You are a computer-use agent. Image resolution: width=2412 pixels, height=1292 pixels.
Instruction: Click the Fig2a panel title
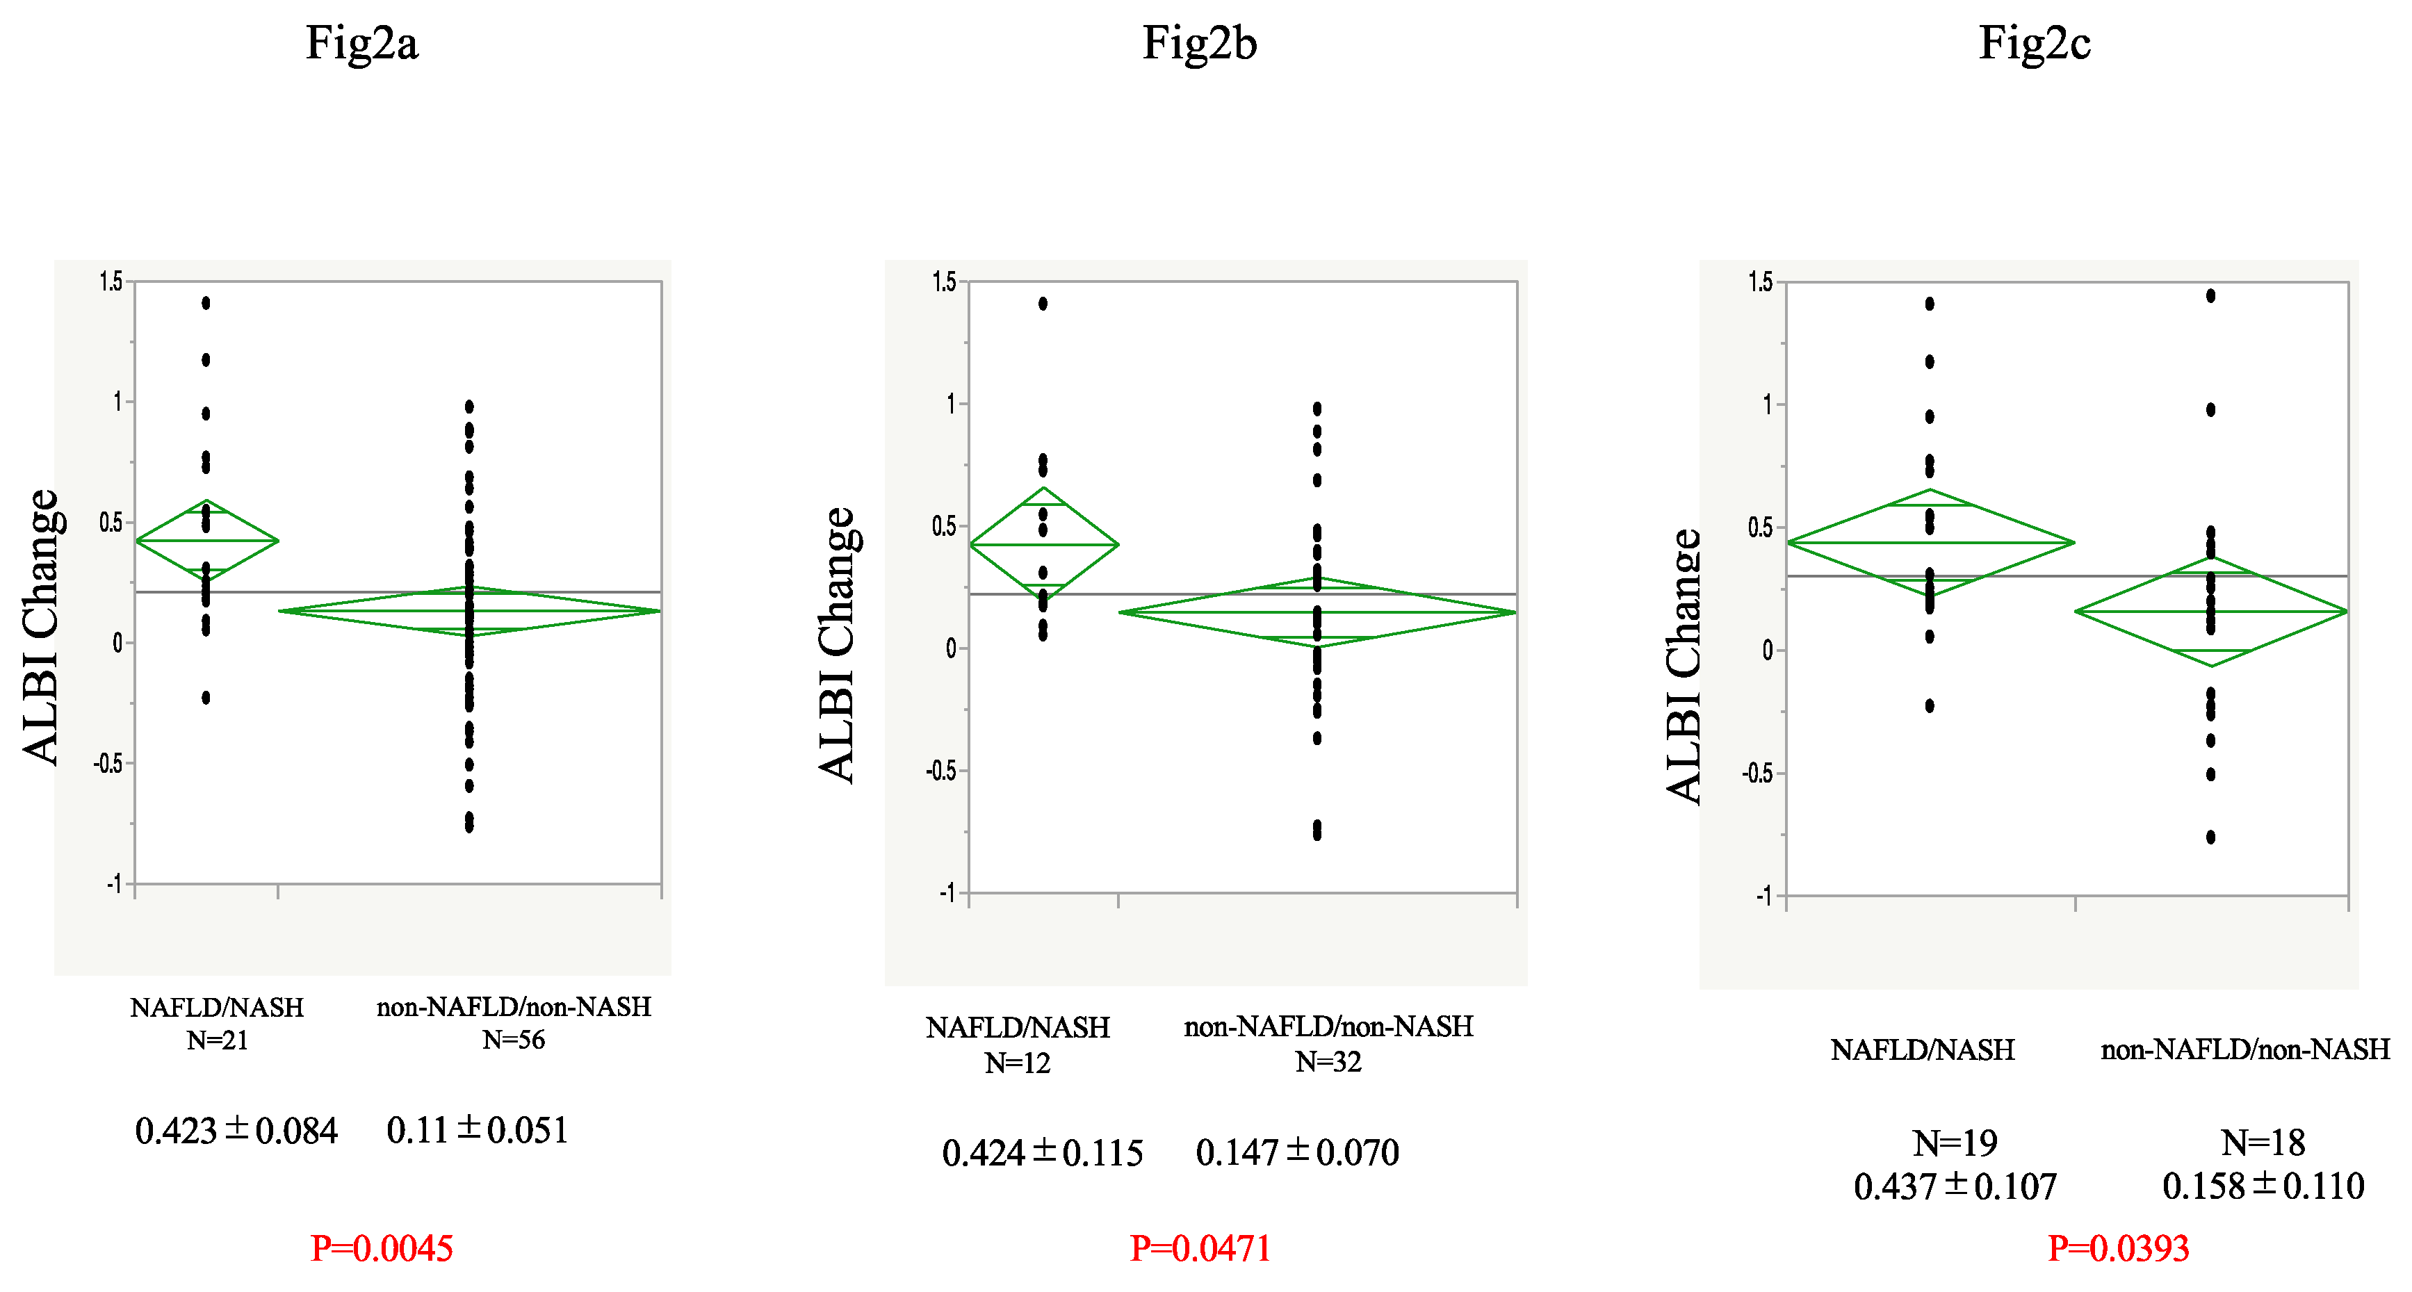pos(361,44)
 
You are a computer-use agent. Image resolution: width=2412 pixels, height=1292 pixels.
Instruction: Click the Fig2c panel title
pos(2034,44)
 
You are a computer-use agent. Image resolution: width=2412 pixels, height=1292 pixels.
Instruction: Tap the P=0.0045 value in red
pos(382,1248)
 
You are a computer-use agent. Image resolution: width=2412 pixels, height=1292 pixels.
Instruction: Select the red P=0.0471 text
pos(1200,1248)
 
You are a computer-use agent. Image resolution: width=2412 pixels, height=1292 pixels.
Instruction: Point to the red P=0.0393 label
pos(2118,1248)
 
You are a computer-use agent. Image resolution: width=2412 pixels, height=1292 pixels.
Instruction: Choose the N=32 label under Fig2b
pos(1328,1062)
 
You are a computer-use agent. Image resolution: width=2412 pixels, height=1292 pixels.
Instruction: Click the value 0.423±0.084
pos(236,1130)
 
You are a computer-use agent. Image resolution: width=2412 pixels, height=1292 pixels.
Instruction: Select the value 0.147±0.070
pos(1297,1152)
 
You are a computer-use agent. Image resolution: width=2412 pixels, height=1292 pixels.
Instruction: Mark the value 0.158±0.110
pos(2263,1186)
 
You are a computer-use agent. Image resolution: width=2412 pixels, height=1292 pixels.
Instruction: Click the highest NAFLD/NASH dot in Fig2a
pos(206,302)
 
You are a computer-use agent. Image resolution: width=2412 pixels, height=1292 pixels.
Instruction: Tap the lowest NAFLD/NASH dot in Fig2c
pos(1930,706)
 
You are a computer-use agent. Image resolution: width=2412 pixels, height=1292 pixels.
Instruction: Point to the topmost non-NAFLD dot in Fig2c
pos(2210,296)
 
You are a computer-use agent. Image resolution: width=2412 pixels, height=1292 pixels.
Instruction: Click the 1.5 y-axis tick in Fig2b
pos(944,281)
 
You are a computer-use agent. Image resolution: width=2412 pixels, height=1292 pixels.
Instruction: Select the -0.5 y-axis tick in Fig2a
pos(108,764)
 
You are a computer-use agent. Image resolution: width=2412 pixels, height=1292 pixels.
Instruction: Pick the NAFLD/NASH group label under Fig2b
pos(1018,1028)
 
